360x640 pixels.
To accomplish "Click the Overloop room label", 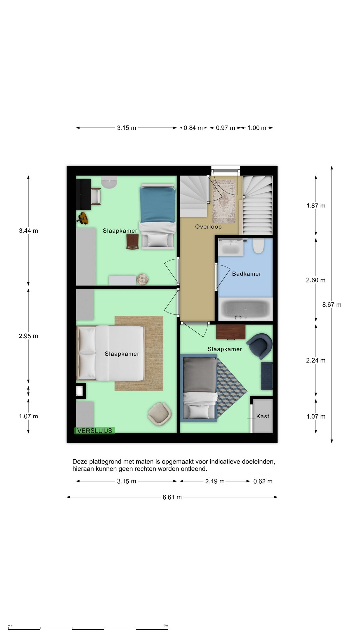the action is pyautogui.click(x=208, y=227).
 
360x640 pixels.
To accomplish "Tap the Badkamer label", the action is pyautogui.click(x=247, y=274).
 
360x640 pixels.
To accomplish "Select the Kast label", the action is pyautogui.click(x=263, y=416).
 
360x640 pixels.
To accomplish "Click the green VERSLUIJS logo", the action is pyautogui.click(x=95, y=431).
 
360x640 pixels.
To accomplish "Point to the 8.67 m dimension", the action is pyautogui.click(x=332, y=305).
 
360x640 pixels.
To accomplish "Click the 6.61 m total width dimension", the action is pyautogui.click(x=172, y=497).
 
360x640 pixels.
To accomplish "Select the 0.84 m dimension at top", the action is pyautogui.click(x=193, y=128).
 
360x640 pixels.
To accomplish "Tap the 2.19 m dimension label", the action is pyautogui.click(x=215, y=481).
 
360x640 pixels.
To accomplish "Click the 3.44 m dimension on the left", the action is pyautogui.click(x=28, y=231).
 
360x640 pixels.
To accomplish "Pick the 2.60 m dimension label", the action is pyautogui.click(x=316, y=280).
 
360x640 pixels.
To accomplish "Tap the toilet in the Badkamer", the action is pyautogui.click(x=258, y=246).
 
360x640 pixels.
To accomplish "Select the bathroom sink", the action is pyautogui.click(x=231, y=247).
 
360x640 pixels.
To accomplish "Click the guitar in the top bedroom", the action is pyautogui.click(x=83, y=218).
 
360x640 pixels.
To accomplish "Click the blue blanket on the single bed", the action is pyautogui.click(x=158, y=205).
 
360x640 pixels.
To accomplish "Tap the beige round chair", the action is pyautogui.click(x=159, y=414).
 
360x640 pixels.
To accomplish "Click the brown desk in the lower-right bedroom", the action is pyautogui.click(x=231, y=332).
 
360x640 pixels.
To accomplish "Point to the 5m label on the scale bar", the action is pyautogui.click(x=166, y=626).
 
